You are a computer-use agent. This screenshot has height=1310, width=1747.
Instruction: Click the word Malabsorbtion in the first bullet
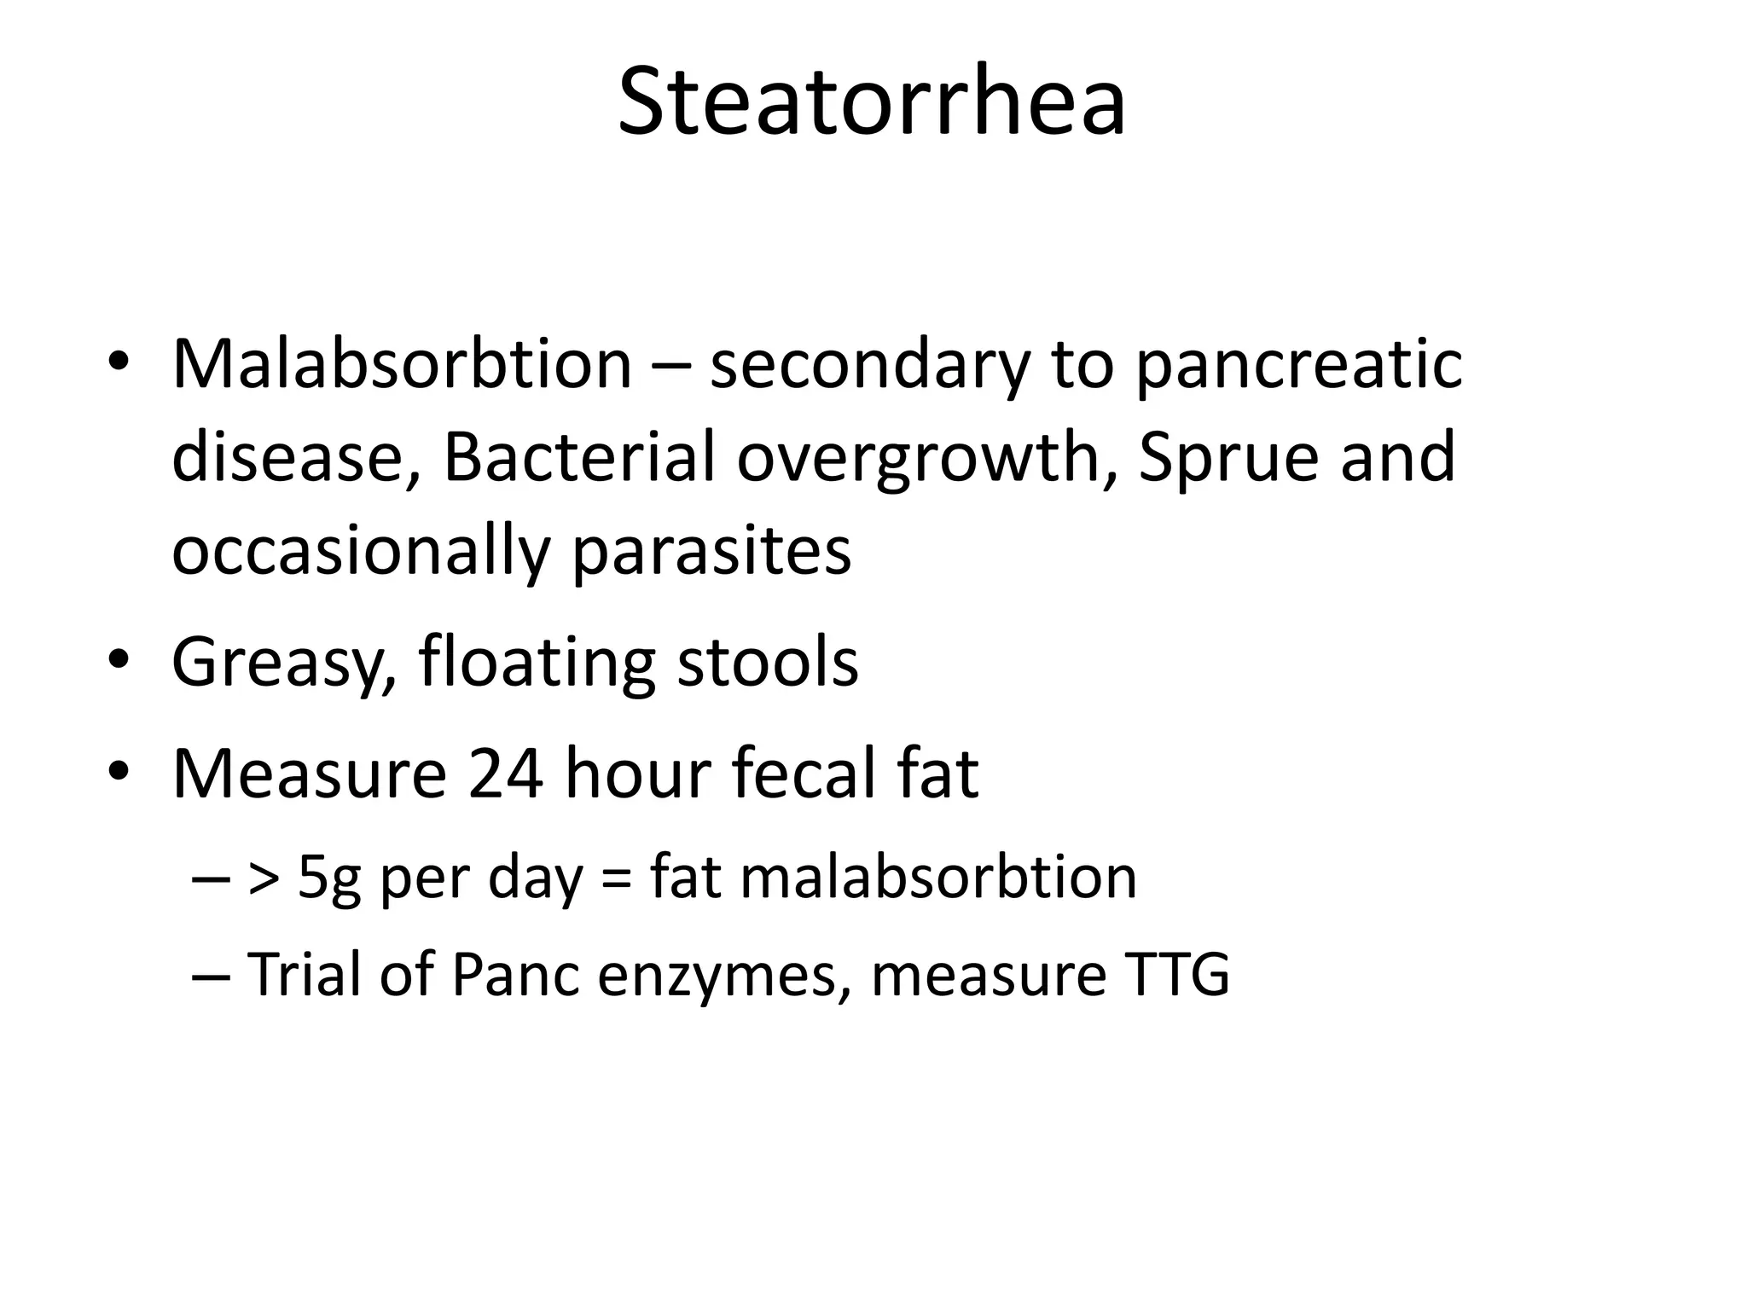[x=402, y=365]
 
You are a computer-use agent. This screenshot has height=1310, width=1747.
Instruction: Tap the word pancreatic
[x=1298, y=365]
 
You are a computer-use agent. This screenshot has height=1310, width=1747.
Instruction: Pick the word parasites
[x=711, y=552]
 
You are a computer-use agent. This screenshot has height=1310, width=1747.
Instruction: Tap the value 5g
[x=328, y=878]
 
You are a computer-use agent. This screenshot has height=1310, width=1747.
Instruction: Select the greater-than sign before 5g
[x=263, y=879]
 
